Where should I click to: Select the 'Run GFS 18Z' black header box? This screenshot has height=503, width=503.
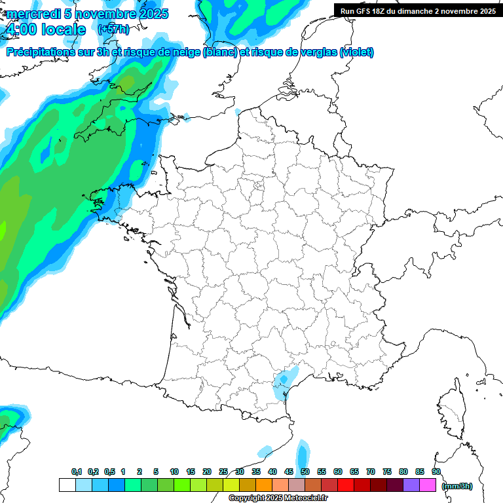click(418, 10)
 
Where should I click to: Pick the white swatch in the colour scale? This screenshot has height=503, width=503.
click(67, 485)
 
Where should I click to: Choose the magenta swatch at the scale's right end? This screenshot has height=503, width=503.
click(428, 485)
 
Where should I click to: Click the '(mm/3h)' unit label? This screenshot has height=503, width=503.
click(457, 485)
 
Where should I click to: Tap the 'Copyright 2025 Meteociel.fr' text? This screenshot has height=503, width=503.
click(278, 498)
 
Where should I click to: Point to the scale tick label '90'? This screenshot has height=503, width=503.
click(436, 472)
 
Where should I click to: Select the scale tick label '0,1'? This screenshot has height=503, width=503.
click(77, 472)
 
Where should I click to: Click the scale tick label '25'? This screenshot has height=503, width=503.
click(223, 472)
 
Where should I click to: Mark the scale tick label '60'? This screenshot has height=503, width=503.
click(338, 472)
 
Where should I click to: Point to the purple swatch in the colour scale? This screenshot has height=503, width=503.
click(411, 485)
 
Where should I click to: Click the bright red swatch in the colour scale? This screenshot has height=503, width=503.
click(345, 485)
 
